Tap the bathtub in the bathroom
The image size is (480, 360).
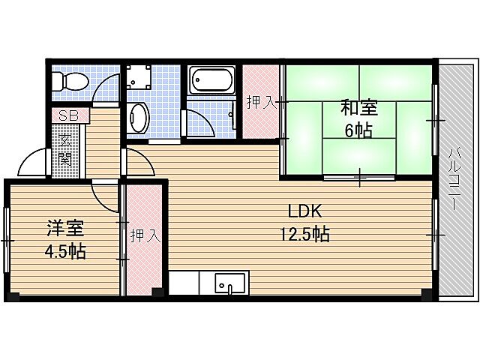pyautogui.click(x=212, y=80)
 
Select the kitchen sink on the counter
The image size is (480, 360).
pyautogui.click(x=230, y=284)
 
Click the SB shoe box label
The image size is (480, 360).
pyautogui.click(x=69, y=115)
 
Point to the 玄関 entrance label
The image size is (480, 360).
pyautogui.click(x=64, y=151)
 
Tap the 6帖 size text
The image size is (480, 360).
pyautogui.click(x=358, y=130)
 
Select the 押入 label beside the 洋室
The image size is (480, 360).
pyautogui.click(x=145, y=236)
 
